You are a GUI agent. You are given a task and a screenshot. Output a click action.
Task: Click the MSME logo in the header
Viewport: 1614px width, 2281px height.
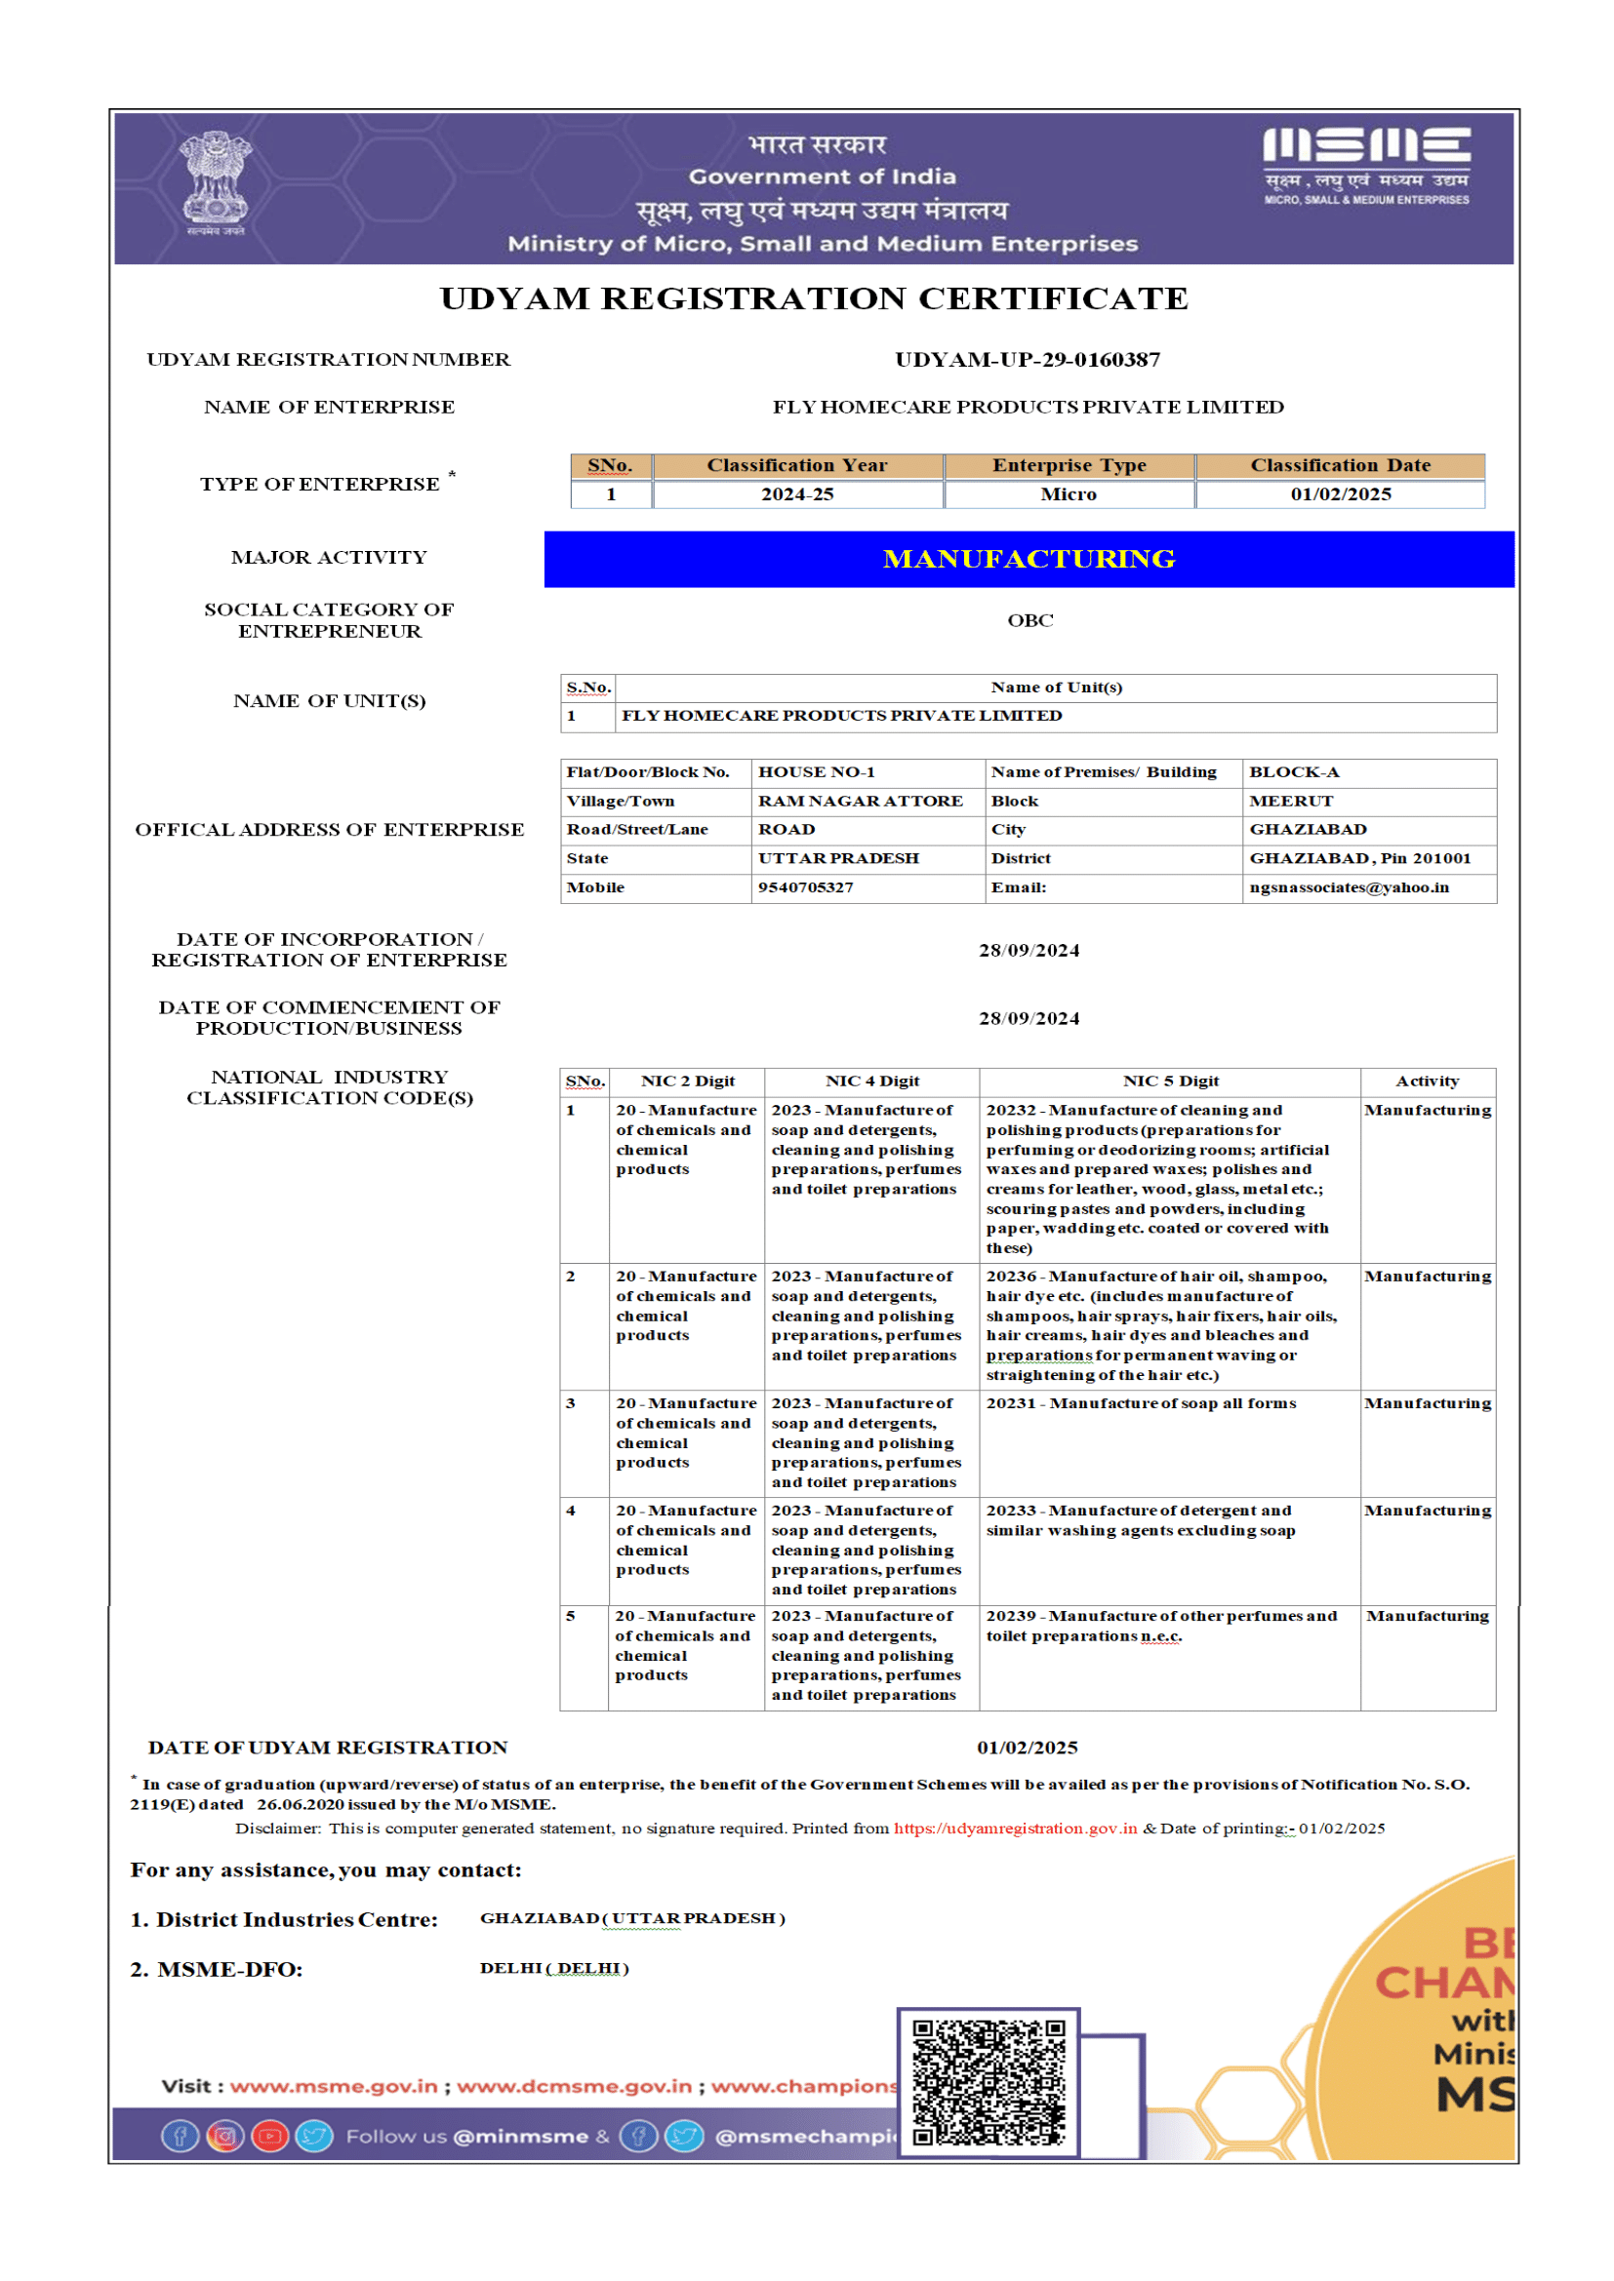click(x=1366, y=165)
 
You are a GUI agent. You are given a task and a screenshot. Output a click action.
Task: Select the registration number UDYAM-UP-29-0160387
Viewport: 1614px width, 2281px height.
click(x=1028, y=360)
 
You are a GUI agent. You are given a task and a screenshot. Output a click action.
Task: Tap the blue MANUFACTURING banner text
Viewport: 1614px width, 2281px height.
click(x=1029, y=560)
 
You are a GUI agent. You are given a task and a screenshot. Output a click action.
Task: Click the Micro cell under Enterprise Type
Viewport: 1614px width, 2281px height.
click(x=1069, y=494)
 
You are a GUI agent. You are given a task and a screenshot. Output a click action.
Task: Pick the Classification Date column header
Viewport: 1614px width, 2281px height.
click(x=1340, y=466)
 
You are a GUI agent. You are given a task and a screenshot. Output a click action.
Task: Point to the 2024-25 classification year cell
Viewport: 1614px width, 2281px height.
click(x=797, y=494)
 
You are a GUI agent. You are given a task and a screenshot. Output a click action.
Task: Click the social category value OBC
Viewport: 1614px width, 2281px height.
click(x=1029, y=621)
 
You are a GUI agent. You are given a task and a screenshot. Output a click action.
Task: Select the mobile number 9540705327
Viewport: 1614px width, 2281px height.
click(x=806, y=888)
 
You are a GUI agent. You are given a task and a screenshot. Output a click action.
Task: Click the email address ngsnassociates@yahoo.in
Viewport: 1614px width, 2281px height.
click(x=1349, y=888)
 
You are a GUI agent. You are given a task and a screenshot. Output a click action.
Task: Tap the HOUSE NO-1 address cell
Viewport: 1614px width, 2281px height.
click(x=817, y=773)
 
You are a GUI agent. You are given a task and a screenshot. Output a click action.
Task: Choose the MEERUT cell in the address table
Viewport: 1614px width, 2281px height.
click(x=1291, y=802)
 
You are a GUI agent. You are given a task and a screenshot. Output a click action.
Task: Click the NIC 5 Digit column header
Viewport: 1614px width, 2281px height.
click(x=1170, y=1082)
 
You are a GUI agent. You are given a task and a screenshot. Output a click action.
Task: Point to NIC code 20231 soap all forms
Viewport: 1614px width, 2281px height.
click(x=1141, y=1403)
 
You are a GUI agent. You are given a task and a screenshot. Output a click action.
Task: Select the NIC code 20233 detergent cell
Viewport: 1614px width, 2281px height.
click(x=1140, y=1521)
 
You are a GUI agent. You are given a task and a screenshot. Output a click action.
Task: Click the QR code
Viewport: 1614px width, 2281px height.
click(x=988, y=2083)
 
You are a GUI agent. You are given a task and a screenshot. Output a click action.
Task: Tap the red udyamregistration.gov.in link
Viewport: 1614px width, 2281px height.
click(x=1015, y=1829)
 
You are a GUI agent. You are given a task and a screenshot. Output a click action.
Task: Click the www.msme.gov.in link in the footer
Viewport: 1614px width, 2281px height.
click(x=334, y=2086)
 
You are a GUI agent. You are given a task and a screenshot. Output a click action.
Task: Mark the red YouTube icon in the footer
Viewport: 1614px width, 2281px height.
click(x=269, y=2137)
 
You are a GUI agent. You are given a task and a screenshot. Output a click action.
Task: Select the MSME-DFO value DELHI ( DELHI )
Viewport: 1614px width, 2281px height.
click(x=553, y=1969)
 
